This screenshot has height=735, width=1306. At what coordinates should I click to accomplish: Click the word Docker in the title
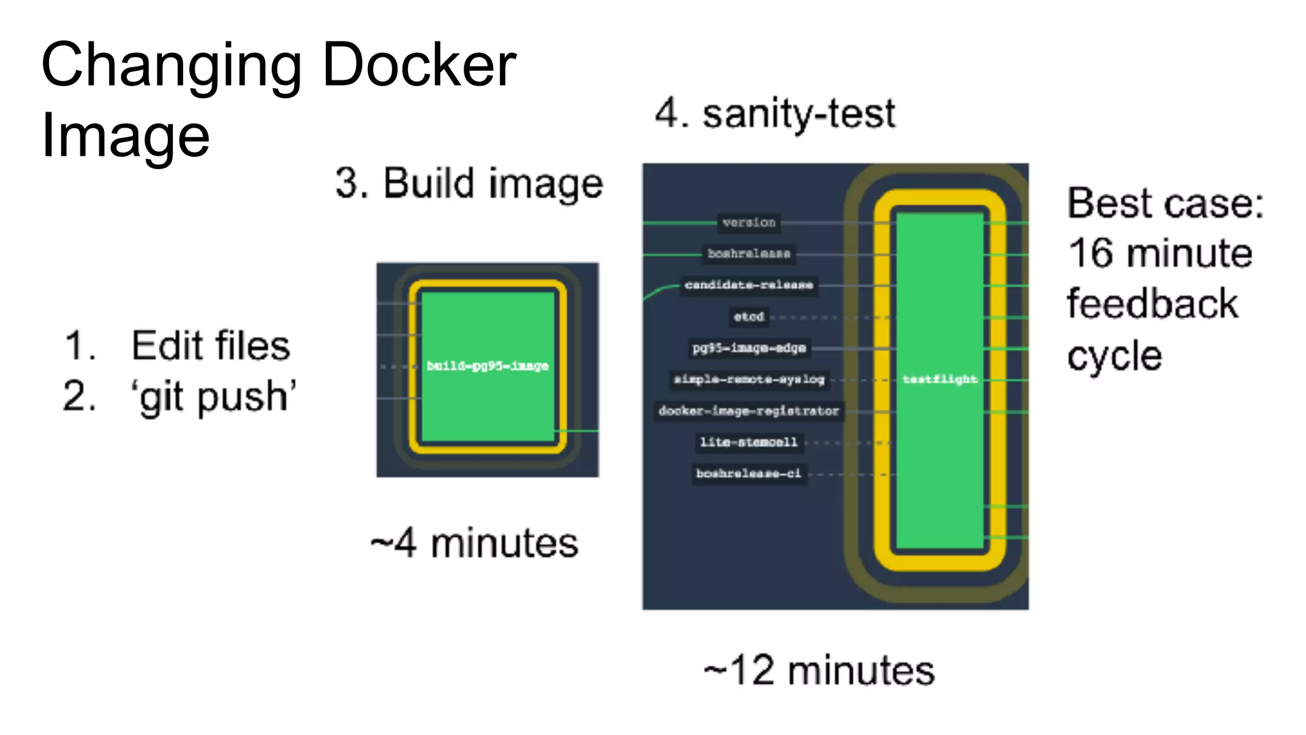click(419, 65)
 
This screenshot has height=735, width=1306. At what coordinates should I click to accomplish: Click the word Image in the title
click(126, 137)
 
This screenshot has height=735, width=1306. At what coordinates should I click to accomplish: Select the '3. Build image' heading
click(469, 184)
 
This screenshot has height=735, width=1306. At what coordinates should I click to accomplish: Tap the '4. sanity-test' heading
click(775, 114)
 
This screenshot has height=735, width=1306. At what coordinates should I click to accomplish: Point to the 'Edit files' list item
click(210, 346)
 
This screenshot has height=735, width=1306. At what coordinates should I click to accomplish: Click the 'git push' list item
click(214, 397)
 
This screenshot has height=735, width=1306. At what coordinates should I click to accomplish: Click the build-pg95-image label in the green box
click(487, 366)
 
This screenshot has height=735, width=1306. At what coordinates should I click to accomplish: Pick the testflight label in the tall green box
click(939, 379)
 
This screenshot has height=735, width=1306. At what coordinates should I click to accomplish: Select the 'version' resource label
click(749, 223)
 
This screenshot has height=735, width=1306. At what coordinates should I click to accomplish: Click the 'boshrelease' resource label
click(749, 254)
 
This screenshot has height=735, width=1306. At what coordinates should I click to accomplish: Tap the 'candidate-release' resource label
click(749, 285)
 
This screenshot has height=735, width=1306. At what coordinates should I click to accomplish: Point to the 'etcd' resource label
click(748, 316)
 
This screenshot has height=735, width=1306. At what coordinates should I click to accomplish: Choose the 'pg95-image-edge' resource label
click(749, 348)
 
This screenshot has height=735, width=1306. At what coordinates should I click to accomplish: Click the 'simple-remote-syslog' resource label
click(749, 380)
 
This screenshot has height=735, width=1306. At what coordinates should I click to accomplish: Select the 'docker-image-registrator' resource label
click(749, 411)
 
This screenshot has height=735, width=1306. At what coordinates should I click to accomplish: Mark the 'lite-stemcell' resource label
click(748, 442)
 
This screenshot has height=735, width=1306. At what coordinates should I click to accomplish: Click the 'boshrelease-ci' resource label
click(748, 473)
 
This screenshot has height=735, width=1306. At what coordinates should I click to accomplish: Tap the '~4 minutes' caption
click(474, 544)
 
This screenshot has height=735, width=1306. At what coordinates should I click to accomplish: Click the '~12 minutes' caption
click(819, 671)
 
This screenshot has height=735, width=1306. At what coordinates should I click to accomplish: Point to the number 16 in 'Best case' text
click(1091, 253)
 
